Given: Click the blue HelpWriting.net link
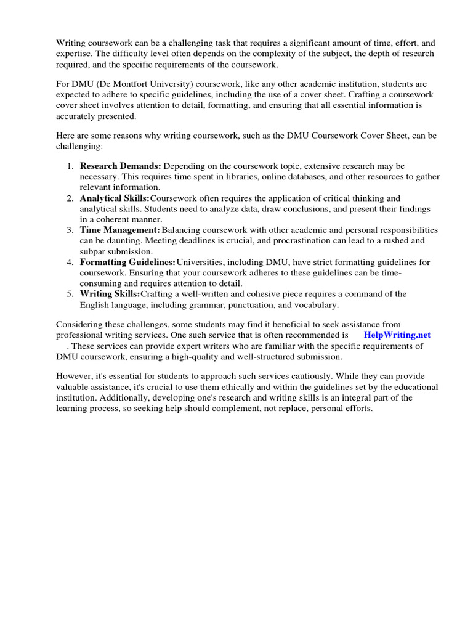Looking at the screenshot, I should point(397,335).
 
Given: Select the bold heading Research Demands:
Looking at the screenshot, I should point(121,166).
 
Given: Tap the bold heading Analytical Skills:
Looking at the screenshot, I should point(115,198).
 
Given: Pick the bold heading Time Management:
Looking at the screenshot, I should point(120,230).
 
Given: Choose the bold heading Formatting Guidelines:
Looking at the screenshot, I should point(127,262).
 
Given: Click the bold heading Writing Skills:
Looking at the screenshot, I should point(110,294).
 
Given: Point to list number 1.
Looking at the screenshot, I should point(70,166).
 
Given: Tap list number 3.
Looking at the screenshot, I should point(70,230).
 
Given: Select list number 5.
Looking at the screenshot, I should point(70,294).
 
